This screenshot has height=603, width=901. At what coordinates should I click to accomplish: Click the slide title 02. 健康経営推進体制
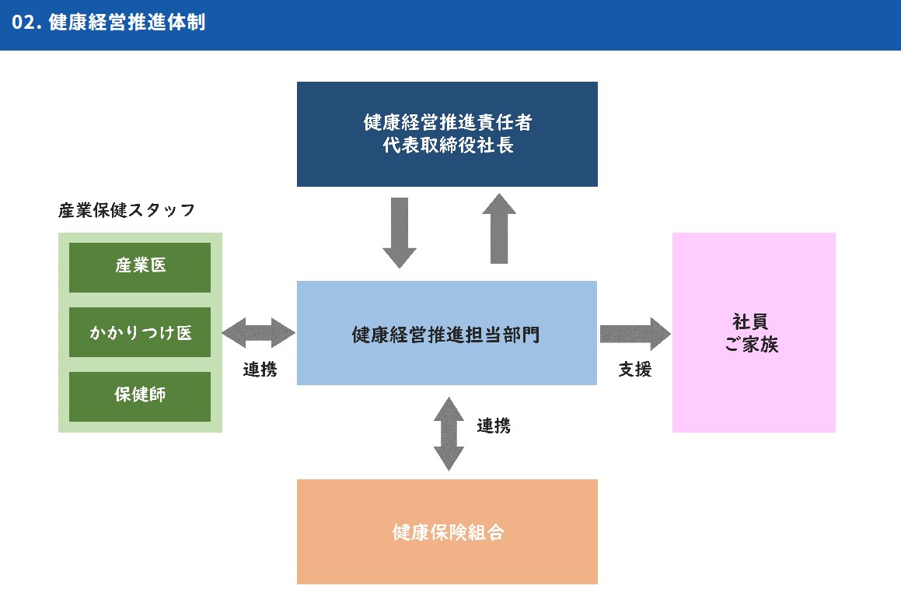pos(109,23)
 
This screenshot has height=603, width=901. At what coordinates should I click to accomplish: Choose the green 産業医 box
pos(140,267)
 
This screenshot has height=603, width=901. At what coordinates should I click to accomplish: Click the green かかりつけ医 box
pos(140,332)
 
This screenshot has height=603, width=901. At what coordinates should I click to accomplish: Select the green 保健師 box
pos(140,396)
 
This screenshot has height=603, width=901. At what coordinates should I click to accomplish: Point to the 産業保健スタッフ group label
pos(126,210)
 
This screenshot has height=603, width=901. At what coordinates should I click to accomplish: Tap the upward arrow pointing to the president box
pos(498,229)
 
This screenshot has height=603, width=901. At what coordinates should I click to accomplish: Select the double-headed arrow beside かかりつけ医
pos(259,334)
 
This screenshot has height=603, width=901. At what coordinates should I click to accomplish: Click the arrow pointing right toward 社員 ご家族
pos(634,334)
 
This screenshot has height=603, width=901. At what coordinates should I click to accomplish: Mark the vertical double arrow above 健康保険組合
pos(449,433)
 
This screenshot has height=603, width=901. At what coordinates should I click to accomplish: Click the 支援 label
pos(635,370)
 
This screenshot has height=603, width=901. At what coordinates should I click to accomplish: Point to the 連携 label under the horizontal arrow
pos(260,370)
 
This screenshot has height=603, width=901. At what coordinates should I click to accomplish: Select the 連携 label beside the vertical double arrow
pos(494,426)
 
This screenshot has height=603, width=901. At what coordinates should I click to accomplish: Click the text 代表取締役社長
pos(448,145)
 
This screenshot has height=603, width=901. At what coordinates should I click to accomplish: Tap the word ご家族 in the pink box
pos(752,345)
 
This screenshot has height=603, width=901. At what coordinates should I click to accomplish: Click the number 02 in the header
pos(23,23)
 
